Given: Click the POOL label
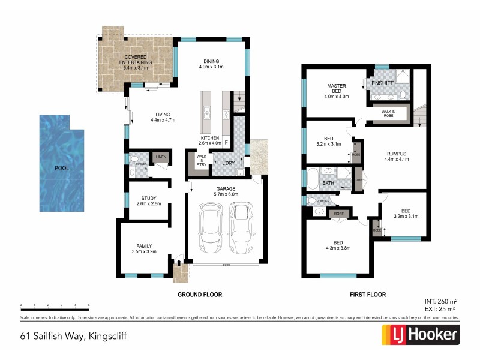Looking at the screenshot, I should (x=61, y=168).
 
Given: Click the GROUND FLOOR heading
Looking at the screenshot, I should (x=200, y=295).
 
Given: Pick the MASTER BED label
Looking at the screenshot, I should (x=337, y=89).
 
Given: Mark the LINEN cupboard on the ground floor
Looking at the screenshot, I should (x=160, y=157).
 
